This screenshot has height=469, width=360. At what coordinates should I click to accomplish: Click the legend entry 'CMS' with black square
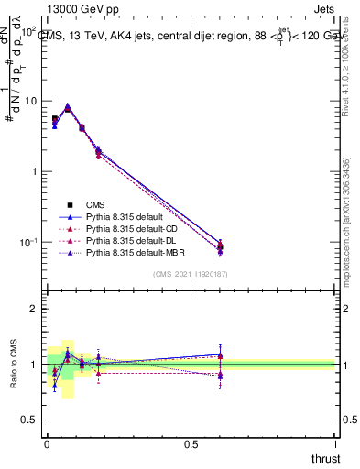(x=97, y=204)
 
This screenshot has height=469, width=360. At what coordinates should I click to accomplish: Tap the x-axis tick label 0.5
(x=191, y=443)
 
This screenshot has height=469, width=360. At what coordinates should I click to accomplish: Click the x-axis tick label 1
(x=336, y=443)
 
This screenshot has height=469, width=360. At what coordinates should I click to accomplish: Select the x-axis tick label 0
(x=47, y=443)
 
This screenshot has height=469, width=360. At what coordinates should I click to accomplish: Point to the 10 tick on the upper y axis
(x=29, y=101)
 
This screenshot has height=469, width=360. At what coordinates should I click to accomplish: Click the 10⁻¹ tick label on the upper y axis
(x=27, y=242)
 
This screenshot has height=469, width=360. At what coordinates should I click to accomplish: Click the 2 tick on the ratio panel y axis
(x=33, y=309)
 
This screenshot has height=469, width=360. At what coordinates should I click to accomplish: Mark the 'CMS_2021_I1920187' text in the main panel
(x=191, y=274)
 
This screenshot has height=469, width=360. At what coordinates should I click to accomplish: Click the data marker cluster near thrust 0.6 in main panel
(x=220, y=245)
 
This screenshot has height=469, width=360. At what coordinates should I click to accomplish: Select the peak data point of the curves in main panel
(x=67, y=107)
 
